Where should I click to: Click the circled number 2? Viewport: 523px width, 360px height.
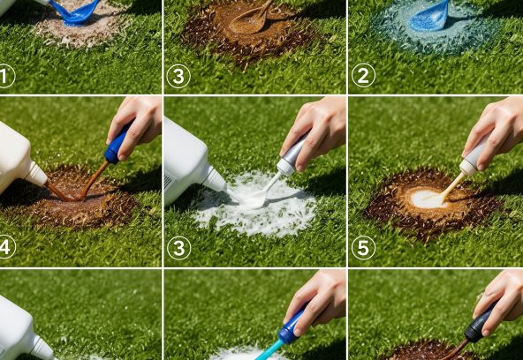click(x=363, y=75)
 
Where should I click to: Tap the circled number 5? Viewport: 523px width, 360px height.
click(x=363, y=248)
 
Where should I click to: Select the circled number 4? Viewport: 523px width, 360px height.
click(x=6, y=248)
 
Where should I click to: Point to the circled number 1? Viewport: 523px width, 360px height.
click(x=5, y=76)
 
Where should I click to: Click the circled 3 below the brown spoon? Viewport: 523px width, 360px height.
click(x=178, y=76)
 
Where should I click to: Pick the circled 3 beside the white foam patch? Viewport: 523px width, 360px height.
click(x=179, y=248)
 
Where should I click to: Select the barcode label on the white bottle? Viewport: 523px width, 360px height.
click(x=170, y=184)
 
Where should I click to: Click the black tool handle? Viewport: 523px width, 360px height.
click(x=479, y=322)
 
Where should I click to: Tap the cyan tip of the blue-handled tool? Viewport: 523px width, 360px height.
click(x=269, y=350)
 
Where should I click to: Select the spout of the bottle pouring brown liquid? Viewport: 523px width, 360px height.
click(x=36, y=173)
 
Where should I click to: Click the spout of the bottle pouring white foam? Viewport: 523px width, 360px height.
click(x=214, y=178)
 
